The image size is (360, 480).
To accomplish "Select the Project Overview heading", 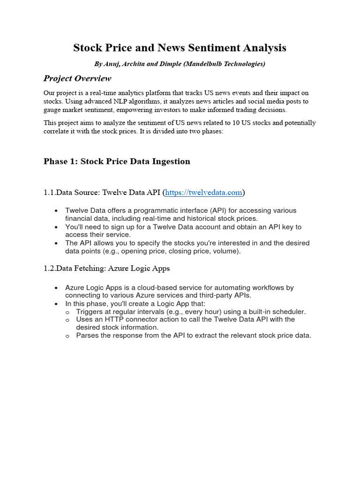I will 77,78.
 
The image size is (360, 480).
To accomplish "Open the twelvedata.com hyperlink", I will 204,192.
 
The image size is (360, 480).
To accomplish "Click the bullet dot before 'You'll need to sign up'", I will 56,227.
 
